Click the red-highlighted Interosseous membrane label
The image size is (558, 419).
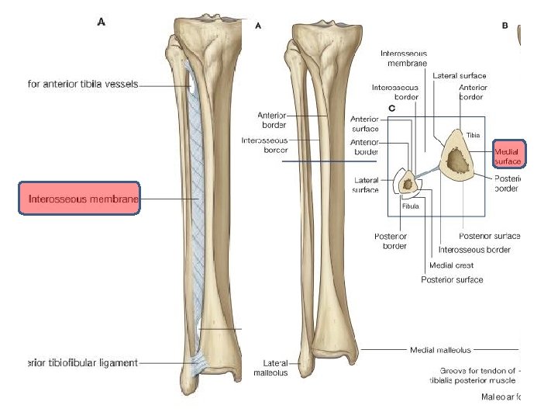[79, 199]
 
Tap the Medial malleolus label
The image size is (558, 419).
[439, 350]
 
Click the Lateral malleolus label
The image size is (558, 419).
[270, 368]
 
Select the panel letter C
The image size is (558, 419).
[392, 109]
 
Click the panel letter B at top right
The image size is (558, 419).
[505, 26]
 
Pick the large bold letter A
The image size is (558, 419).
[102, 23]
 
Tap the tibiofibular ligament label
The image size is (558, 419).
[82, 362]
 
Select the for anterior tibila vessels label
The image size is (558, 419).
[82, 85]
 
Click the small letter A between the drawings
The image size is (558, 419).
[259, 26]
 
